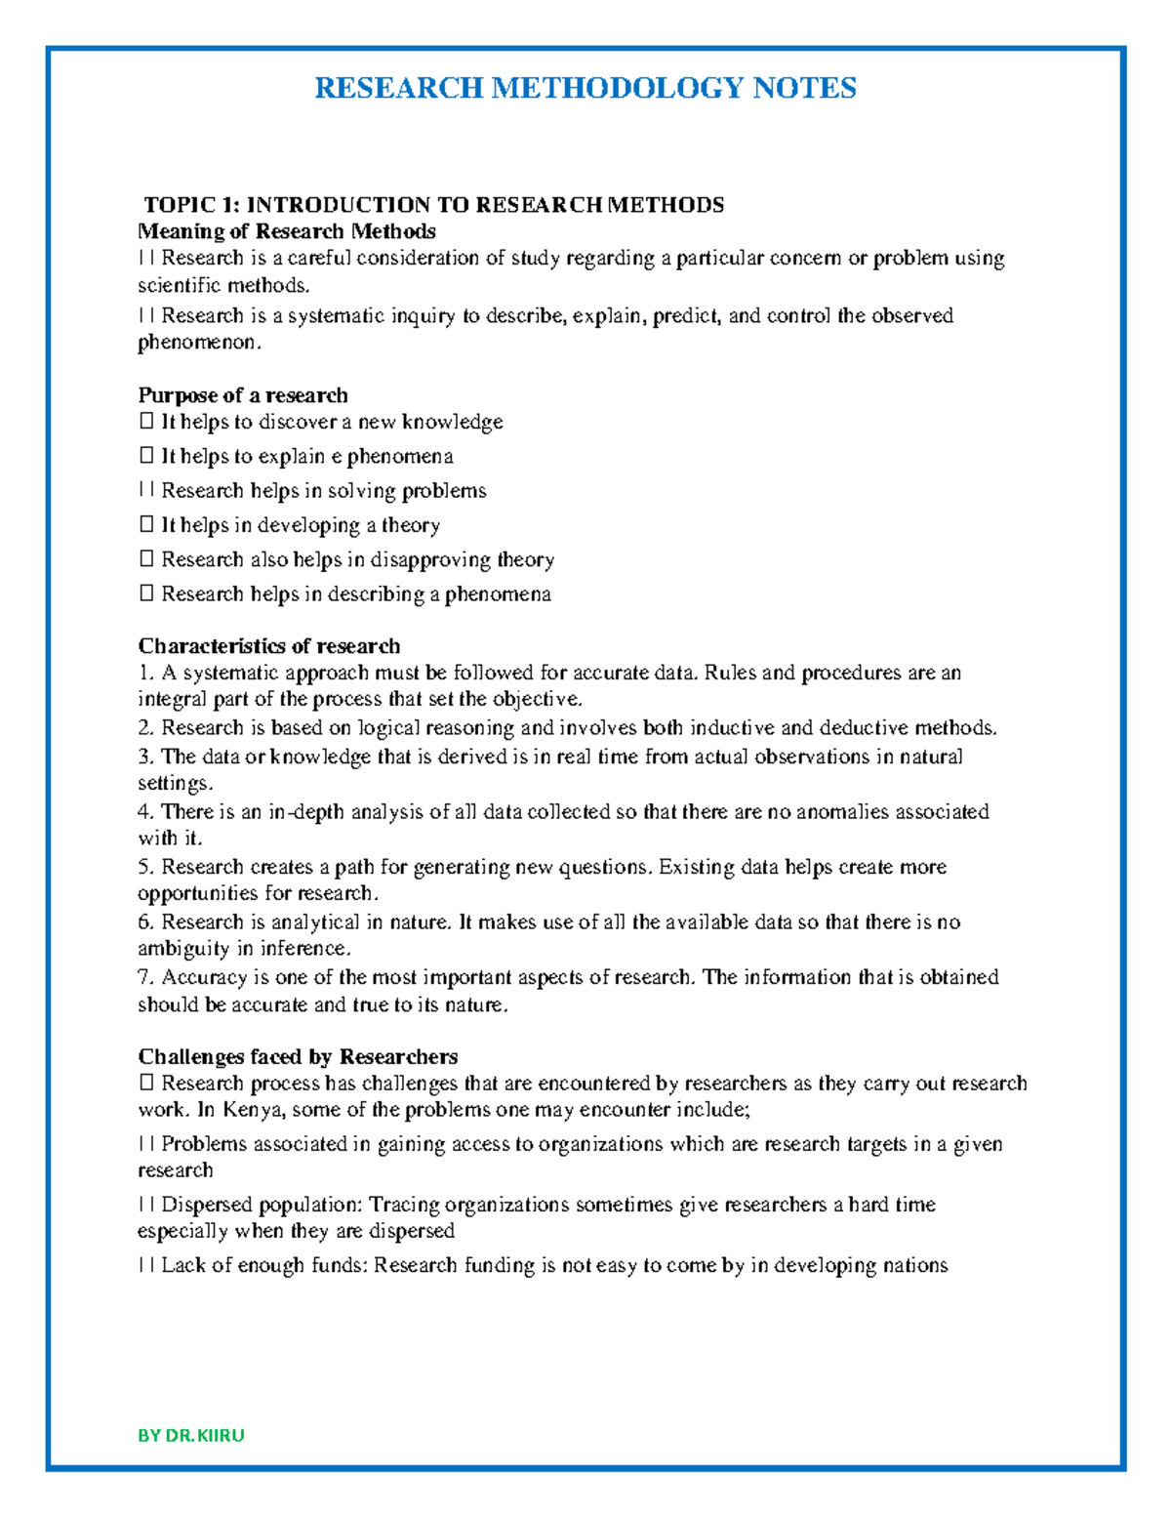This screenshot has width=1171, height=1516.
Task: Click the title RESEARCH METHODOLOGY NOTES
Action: pos(585,88)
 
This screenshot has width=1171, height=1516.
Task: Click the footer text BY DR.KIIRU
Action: pos(191,1435)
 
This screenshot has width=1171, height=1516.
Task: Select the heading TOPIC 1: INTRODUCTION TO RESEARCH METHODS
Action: pos(434,204)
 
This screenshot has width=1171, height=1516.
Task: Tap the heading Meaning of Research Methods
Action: pos(286,231)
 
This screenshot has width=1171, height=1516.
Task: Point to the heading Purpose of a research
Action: pos(242,395)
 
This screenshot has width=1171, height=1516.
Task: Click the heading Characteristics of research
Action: pos(268,646)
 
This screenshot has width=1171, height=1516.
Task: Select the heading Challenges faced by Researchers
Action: pos(298,1056)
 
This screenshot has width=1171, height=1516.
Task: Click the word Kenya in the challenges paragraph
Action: pos(253,1110)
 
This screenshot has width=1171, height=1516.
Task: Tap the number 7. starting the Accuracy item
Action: pos(145,977)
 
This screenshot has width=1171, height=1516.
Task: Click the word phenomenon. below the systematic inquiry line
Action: pos(200,343)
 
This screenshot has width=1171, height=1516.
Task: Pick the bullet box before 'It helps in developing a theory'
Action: pos(145,525)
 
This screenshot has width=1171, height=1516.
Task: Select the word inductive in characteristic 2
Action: pos(732,727)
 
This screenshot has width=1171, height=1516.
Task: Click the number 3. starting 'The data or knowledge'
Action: pos(145,757)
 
